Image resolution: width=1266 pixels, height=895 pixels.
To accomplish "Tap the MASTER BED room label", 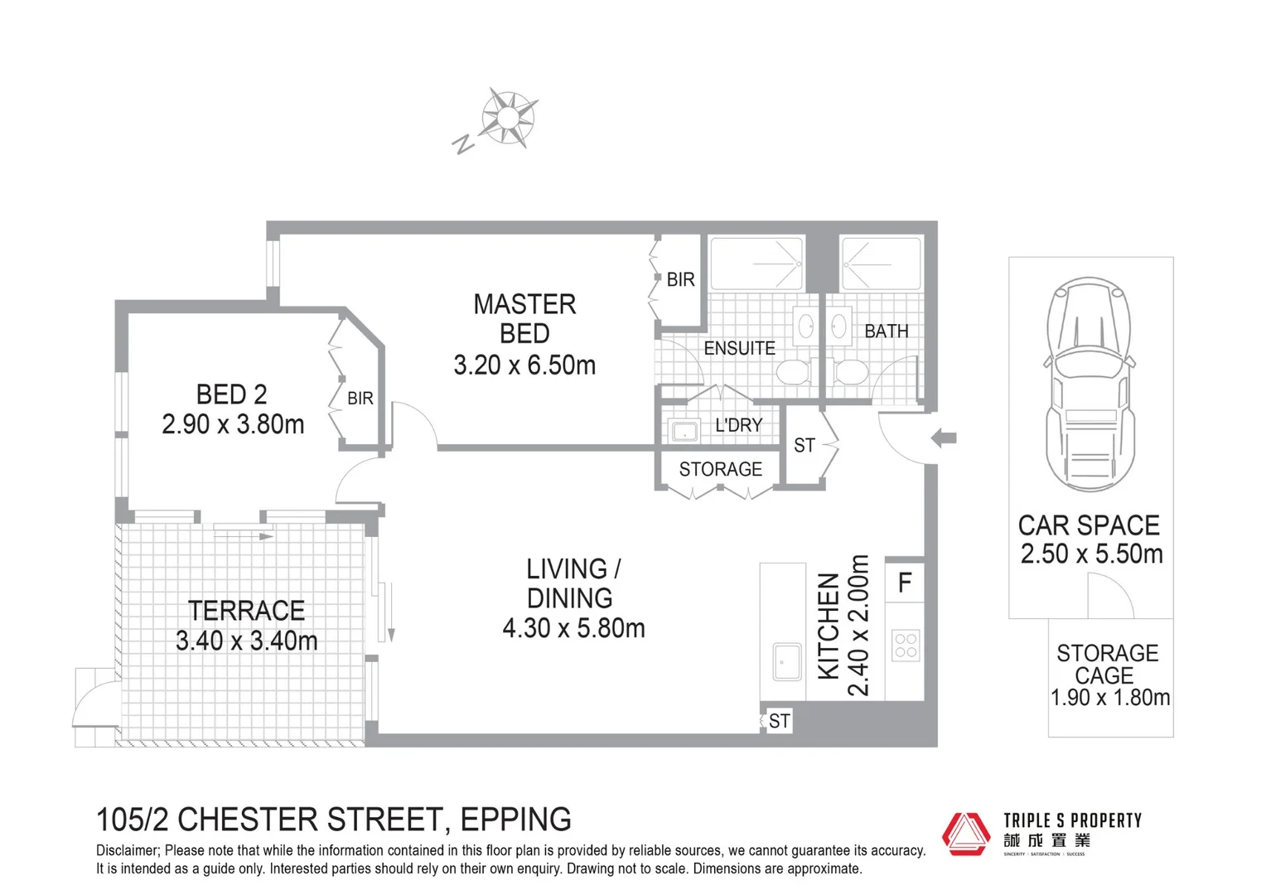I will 524,319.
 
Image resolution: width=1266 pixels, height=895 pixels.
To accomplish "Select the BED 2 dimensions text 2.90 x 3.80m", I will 233,424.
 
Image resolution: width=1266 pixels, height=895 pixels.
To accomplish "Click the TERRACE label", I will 246,611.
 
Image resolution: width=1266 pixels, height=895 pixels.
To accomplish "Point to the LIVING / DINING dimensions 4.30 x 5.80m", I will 573,628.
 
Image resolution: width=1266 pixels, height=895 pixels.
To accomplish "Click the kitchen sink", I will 787,661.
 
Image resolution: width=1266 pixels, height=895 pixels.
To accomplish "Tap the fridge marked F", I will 905,583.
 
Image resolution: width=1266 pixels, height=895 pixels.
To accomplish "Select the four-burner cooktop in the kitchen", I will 906,646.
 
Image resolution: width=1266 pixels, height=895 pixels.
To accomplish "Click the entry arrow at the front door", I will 944,438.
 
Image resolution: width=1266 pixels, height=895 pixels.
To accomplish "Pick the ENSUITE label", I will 739,348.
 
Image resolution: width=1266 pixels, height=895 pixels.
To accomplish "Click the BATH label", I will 886,331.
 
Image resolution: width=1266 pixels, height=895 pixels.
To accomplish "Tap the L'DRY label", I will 738,425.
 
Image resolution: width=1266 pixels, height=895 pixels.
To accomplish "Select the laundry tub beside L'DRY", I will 684,431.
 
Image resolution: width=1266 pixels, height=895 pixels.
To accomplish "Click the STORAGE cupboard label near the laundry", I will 720,470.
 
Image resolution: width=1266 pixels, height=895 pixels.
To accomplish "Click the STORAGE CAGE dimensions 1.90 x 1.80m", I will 1109,698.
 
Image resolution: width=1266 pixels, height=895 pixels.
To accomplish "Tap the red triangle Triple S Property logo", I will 966,833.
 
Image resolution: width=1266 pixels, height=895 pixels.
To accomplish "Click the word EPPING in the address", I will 515,820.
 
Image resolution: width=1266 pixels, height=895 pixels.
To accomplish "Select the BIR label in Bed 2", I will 360,399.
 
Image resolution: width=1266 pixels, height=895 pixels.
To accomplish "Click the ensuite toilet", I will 793,373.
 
